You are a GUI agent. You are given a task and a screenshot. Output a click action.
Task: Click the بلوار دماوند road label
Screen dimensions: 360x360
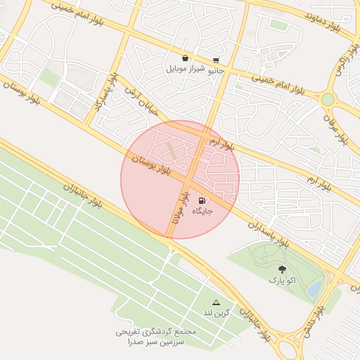[x=328, y=15]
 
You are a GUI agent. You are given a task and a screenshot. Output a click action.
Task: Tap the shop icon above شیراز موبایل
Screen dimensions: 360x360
[x=185, y=58]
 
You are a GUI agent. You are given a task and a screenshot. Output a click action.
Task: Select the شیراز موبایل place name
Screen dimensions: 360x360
[x=185, y=69]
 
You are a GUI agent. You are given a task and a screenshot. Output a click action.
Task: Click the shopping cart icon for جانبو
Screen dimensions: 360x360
[x=215, y=60]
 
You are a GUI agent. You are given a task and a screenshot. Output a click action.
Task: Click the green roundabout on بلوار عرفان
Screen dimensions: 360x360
[x=328, y=99]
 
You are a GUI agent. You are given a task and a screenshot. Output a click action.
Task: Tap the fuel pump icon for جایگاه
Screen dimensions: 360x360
[x=203, y=200]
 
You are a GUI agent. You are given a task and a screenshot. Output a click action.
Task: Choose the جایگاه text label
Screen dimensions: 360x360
[x=202, y=210]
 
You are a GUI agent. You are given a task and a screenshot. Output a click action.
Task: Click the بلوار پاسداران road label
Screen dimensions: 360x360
[x=269, y=232]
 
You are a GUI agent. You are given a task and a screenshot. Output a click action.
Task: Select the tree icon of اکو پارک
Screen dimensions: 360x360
[x=282, y=269]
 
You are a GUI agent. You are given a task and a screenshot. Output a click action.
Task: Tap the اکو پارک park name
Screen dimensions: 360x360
[x=282, y=280]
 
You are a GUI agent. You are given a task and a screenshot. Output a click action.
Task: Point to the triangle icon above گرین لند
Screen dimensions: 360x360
[x=216, y=302]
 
